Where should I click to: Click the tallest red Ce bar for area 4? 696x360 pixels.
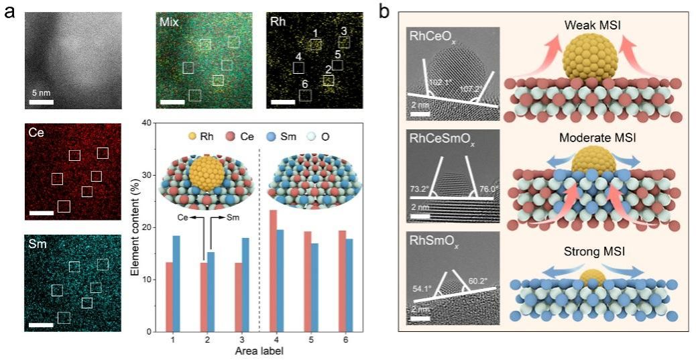click(273, 271)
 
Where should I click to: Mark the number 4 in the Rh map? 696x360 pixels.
click(298, 58)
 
